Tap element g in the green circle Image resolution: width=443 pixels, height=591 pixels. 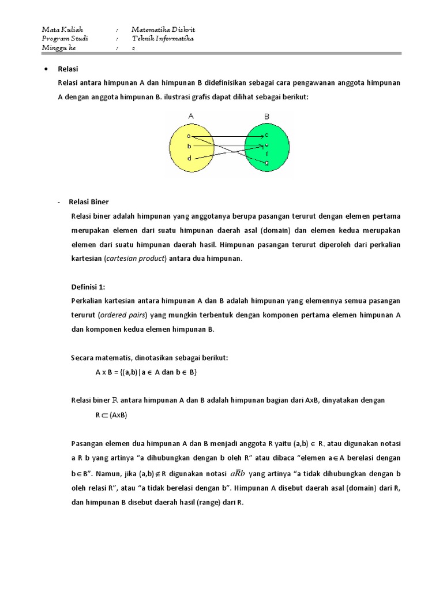pos(266,163)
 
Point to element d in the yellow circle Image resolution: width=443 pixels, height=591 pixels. pos(189,158)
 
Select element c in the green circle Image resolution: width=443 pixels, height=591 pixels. pos(266,135)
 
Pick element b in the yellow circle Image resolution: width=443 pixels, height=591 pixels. pos(189,147)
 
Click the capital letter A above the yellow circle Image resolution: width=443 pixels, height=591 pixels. pos(190,116)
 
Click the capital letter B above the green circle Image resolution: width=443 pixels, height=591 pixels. pos(266,116)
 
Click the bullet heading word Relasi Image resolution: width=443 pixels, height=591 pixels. pos(68,69)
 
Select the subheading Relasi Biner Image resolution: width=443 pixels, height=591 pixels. pos(89,202)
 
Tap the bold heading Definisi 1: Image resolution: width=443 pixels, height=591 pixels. pos(88,287)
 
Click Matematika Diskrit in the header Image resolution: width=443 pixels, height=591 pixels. pos(163,29)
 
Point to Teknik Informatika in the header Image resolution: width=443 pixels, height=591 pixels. pos(163,39)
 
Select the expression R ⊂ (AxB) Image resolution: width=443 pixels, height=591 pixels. pos(111,414)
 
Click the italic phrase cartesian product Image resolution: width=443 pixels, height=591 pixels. pos(136,259)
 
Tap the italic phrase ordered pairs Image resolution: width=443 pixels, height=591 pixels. pos(123,315)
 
